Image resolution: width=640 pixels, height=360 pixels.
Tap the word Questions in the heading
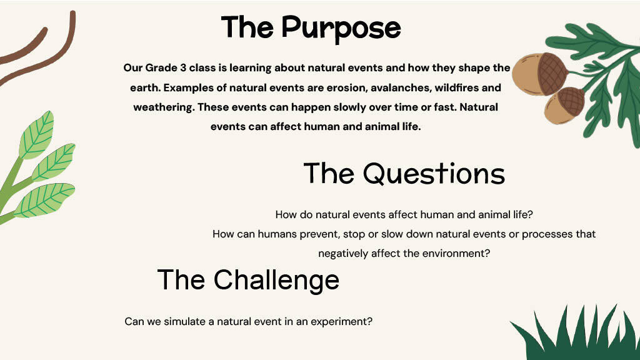pyautogui.click(x=434, y=174)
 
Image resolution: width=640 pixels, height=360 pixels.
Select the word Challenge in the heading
pyautogui.click(x=276, y=281)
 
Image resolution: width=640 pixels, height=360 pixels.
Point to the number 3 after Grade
pyautogui.click(x=183, y=67)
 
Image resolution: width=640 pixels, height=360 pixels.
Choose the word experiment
pyautogui.click(x=341, y=322)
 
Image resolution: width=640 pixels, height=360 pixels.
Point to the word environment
pyautogui.click(x=456, y=254)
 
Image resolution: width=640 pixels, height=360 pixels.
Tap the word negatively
pyautogui.click(x=343, y=254)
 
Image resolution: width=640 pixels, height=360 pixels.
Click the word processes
pyautogui.click(x=547, y=235)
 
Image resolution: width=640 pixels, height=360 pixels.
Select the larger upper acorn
pyautogui.click(x=540, y=74)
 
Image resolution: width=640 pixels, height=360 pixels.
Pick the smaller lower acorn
pyautogui.click(x=564, y=106)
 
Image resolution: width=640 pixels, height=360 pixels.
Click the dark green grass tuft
pyautogui.click(x=576, y=332)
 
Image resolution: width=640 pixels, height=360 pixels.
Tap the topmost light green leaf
pyautogui.click(x=36, y=135)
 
